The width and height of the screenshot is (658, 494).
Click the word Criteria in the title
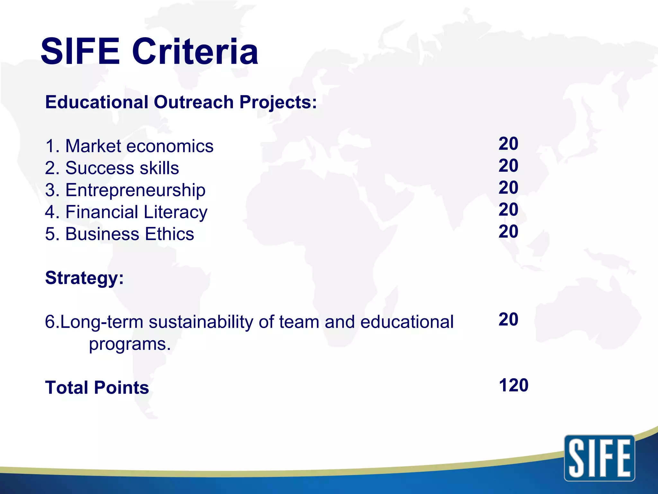point(195,51)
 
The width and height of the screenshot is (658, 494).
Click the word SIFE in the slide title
point(80,51)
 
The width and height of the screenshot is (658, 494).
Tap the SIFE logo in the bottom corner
point(599,458)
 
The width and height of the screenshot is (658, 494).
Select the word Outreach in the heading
point(194,102)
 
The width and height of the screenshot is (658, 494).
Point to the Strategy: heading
point(84,278)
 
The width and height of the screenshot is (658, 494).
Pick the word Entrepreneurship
point(135,190)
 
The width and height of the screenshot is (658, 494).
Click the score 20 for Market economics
point(508,143)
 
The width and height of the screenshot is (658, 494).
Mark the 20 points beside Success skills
point(508,166)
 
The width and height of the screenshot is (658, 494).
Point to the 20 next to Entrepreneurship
point(508,188)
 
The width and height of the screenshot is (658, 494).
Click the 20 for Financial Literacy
point(508,209)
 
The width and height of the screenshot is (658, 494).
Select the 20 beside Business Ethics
point(508,232)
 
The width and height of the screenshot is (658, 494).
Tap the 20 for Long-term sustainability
point(508,319)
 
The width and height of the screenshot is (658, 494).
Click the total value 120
point(513,385)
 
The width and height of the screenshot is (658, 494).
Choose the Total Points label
point(97,388)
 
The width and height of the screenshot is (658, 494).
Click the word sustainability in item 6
point(201,322)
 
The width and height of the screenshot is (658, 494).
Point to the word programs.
point(129,344)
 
